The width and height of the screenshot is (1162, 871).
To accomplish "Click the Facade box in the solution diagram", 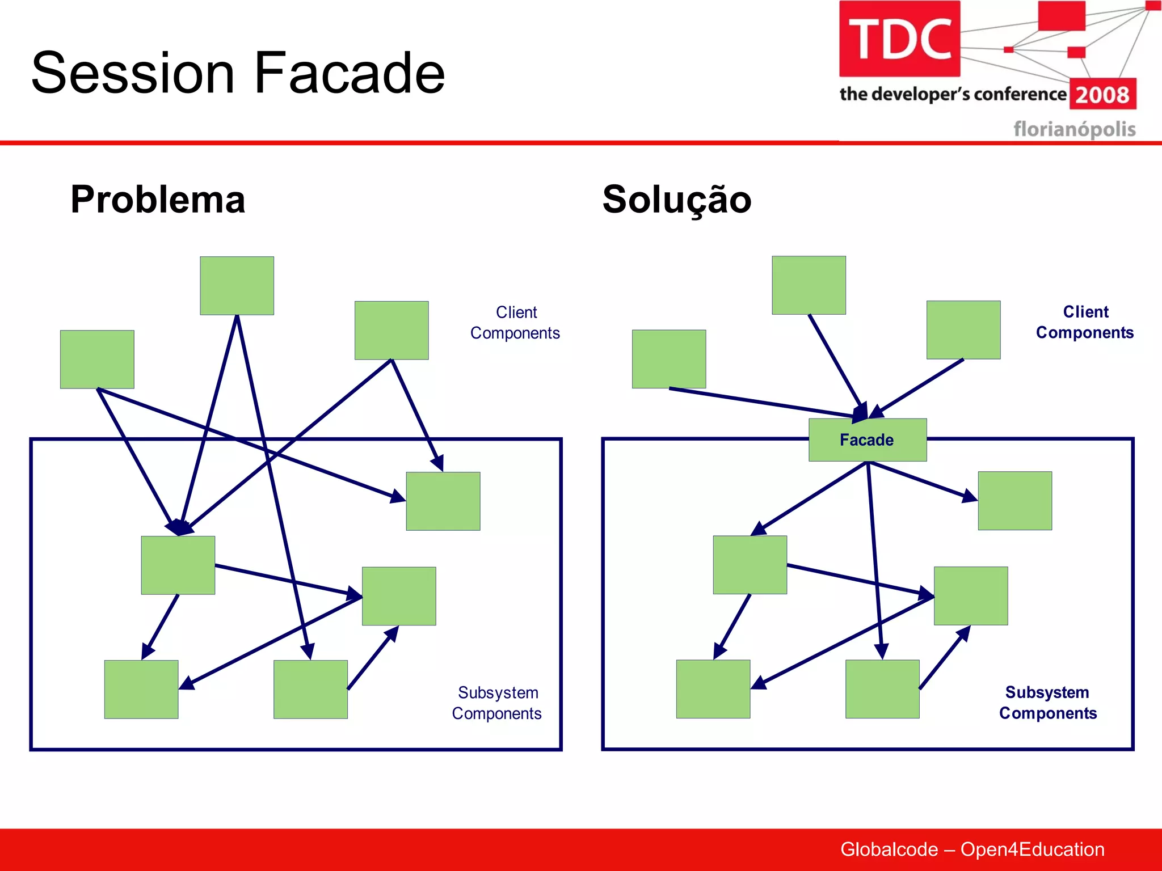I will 867,440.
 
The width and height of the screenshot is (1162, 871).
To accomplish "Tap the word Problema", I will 158,200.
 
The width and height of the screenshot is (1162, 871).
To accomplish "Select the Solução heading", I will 676,200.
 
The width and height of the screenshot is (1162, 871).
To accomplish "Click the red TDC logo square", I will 899,39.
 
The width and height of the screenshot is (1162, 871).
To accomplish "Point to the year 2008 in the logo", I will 1102,95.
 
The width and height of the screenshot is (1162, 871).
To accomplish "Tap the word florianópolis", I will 1074,129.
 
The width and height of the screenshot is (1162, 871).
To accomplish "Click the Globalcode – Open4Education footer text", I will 972,849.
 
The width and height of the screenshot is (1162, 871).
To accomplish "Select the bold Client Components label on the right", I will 1084,322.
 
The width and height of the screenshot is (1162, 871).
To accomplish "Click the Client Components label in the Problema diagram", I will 515,323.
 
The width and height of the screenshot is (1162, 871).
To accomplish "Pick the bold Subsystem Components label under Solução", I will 1047,703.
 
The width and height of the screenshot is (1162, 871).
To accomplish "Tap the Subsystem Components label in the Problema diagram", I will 497,703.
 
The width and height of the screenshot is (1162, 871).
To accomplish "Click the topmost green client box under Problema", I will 237,285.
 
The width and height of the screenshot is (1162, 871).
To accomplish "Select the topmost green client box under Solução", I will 809,285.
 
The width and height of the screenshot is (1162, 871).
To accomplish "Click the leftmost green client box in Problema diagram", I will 97,359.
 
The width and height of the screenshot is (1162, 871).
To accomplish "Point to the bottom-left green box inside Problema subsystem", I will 141,689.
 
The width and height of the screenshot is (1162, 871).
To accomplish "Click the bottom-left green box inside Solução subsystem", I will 713,688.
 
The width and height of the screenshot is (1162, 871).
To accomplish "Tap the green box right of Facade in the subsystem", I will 1014,501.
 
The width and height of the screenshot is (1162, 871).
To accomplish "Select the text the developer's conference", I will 953,94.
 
